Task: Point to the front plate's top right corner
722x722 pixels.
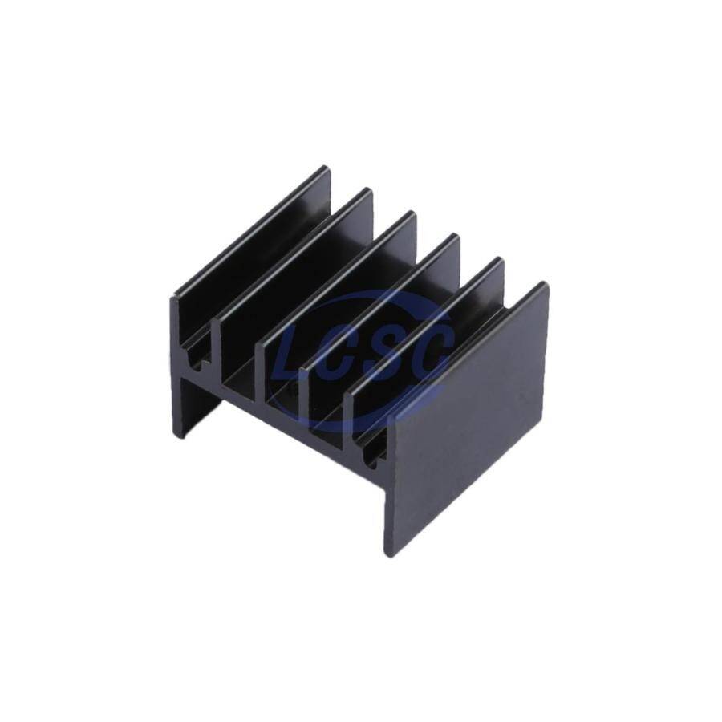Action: (x=548, y=282)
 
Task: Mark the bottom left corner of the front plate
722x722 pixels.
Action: (x=386, y=556)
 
